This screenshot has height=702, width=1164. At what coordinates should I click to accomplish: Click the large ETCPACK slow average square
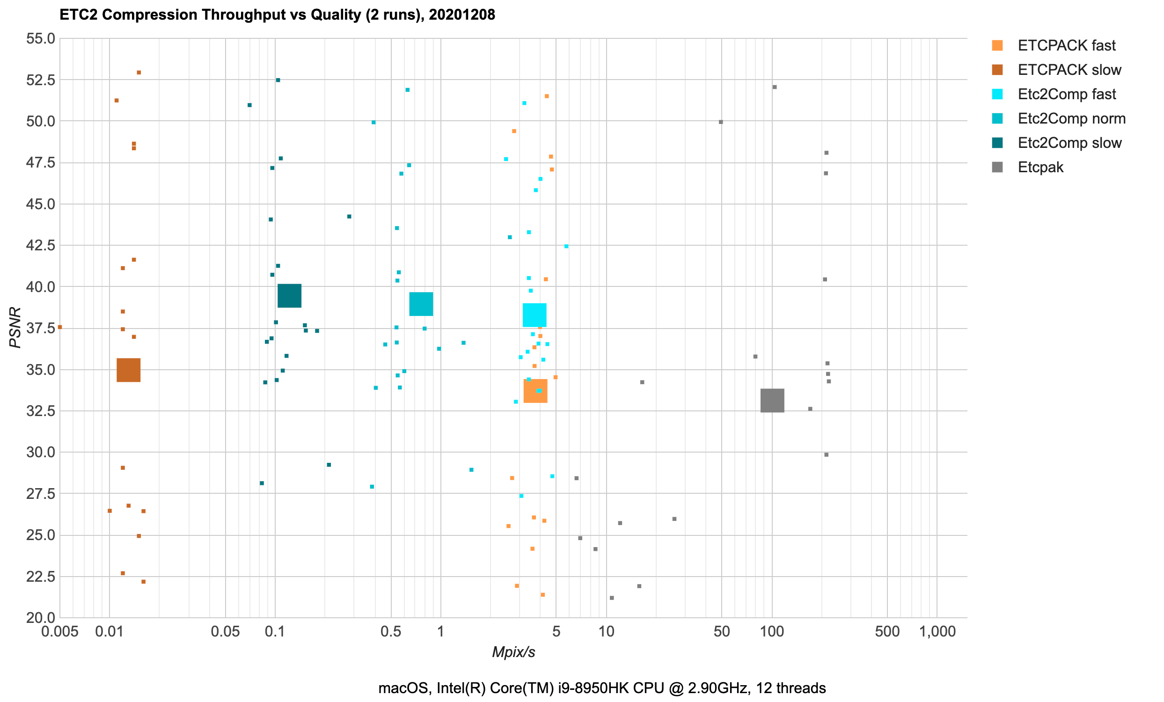coord(129,370)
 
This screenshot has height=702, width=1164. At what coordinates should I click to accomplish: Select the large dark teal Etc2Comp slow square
coord(289,296)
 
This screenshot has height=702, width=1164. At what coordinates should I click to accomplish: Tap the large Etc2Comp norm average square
coord(421,304)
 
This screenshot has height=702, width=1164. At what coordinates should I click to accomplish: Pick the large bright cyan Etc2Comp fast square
coord(534,315)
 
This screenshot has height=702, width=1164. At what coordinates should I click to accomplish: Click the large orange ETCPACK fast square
coord(535,391)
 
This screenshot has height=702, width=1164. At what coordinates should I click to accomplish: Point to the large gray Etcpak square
coord(772,400)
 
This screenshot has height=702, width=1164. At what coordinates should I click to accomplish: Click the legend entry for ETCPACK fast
coord(1066,45)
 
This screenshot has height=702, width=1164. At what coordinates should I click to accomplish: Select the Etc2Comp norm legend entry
coord(1071,118)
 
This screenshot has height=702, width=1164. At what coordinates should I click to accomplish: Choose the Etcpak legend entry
coord(1040,167)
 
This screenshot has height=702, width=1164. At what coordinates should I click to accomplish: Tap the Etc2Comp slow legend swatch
coord(997,143)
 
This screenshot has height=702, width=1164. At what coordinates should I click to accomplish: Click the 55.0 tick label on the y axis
coord(41,38)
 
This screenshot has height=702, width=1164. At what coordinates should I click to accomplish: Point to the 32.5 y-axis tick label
coord(41,411)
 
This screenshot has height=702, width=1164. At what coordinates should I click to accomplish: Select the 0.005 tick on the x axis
coord(59,632)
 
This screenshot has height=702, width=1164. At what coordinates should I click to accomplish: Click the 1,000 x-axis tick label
coord(937,632)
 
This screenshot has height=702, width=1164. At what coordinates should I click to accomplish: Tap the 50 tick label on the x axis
coord(721,632)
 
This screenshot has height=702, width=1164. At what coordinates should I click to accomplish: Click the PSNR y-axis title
coord(15,328)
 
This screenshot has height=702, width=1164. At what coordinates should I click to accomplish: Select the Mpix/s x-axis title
coord(513,652)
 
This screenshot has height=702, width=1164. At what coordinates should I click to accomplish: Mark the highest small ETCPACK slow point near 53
coord(139,73)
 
